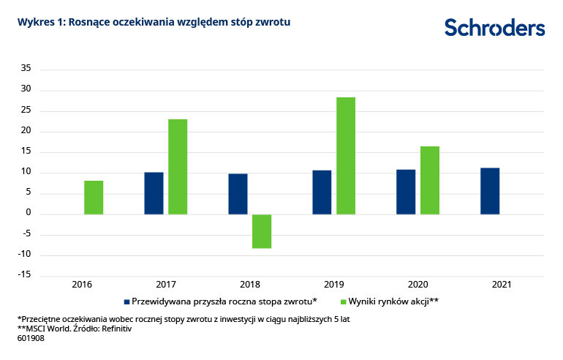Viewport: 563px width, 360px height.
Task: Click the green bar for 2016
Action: (94, 198)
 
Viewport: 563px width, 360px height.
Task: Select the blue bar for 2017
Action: (154, 193)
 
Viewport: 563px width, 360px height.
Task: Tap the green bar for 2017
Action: (178, 167)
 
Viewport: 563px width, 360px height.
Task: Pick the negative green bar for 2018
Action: (262, 231)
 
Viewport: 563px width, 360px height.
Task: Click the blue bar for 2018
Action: (238, 194)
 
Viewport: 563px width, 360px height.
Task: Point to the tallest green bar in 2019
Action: (346, 156)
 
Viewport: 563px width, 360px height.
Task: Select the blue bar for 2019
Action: (322, 192)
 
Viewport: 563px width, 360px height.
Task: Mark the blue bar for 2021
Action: (490, 191)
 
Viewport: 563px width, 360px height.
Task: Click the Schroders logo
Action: (494, 28)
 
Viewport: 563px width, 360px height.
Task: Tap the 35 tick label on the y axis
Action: (26, 70)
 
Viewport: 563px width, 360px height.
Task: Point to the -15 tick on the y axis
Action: (25, 275)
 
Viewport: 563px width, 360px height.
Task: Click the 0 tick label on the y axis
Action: (29, 214)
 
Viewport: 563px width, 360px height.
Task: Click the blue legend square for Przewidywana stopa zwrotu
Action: (126, 301)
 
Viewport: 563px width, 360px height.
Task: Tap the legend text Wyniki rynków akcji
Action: (396, 301)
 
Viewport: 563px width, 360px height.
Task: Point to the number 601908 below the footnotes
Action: (30, 339)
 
